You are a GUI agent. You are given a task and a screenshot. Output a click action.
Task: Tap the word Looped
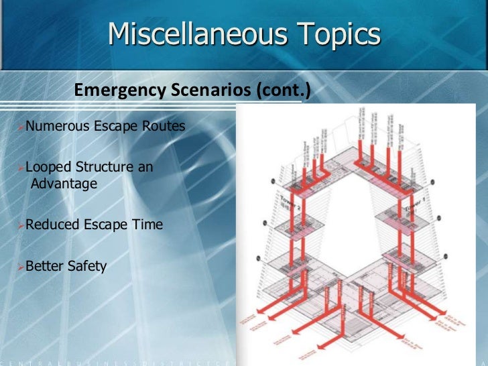point(46,167)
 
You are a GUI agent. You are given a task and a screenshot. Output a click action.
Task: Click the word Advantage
point(64,183)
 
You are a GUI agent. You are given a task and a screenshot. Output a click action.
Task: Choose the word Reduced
point(52,225)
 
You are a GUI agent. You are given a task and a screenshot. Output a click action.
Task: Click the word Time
point(147,225)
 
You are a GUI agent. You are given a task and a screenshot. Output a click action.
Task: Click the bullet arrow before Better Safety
point(21,267)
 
